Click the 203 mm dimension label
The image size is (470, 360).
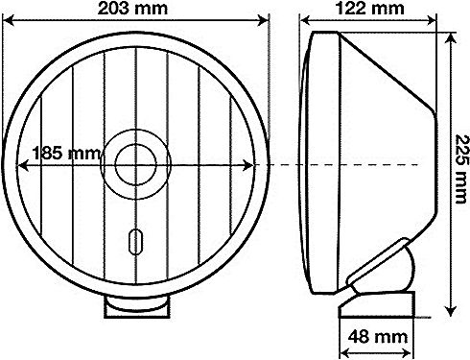(x=132, y=8)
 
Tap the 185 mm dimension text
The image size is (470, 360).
(x=66, y=154)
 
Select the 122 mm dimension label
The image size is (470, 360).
(x=370, y=8)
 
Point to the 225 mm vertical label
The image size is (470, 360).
(x=462, y=169)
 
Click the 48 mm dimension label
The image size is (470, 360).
(x=378, y=337)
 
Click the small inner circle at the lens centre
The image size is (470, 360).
(x=136, y=164)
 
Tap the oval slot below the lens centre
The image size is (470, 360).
(x=135, y=241)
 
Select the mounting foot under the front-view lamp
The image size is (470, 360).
(x=136, y=306)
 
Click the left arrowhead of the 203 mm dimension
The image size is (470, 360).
(x=9, y=21)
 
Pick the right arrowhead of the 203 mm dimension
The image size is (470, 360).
(x=263, y=21)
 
